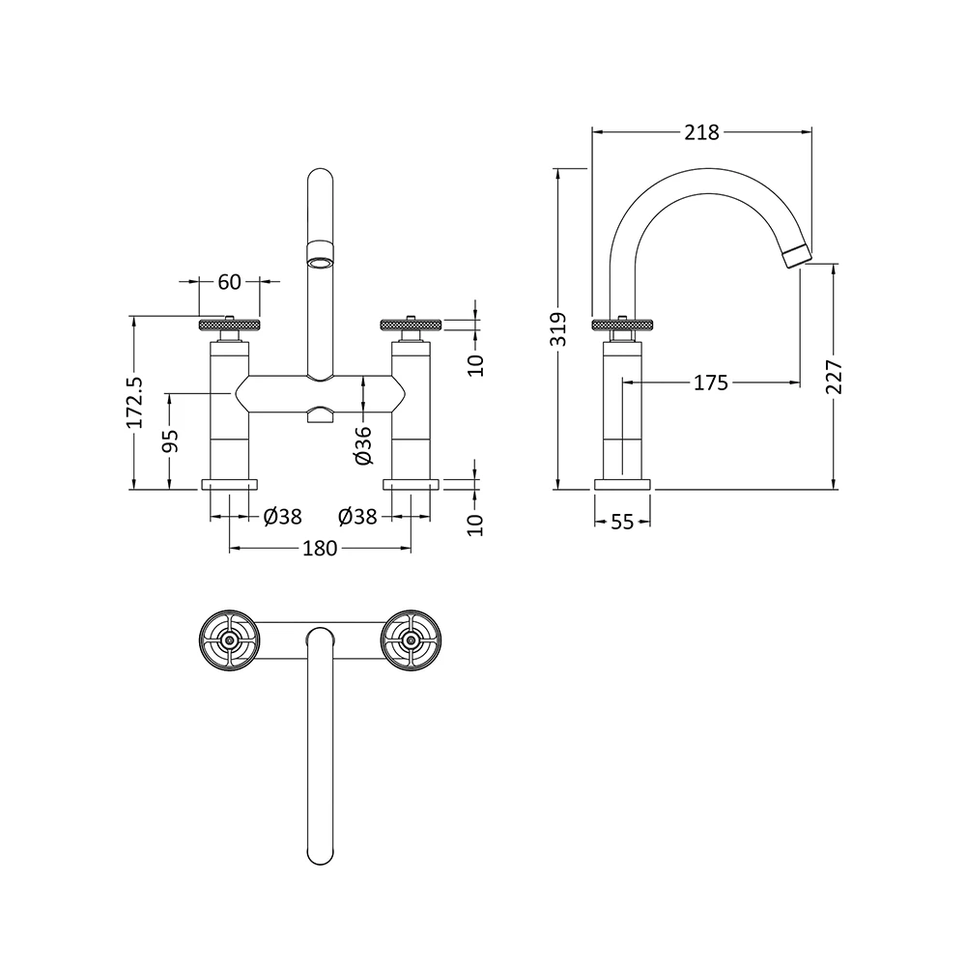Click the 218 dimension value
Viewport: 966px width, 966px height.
(701, 132)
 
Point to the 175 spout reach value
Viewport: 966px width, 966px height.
(710, 383)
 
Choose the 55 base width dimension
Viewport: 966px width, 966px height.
(622, 522)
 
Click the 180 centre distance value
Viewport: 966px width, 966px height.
(320, 549)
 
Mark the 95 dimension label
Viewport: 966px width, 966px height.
(170, 440)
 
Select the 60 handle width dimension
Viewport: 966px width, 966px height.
(229, 282)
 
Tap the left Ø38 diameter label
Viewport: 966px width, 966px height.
(282, 517)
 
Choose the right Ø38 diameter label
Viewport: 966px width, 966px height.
(358, 517)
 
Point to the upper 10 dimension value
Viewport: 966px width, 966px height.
(475, 364)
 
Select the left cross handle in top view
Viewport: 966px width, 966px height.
(229, 639)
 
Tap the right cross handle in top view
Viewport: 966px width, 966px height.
(411, 639)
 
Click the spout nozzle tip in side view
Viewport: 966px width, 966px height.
(797, 255)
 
